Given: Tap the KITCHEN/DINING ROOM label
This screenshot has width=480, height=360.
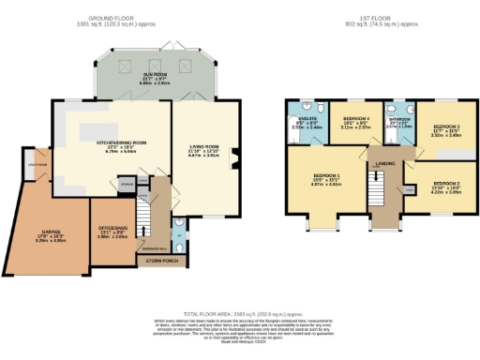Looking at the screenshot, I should [x=106, y=143].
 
